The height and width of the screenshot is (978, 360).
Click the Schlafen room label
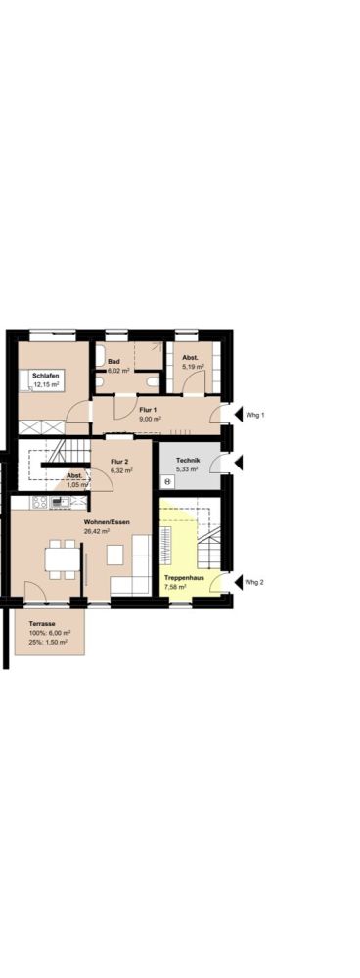point(46,377)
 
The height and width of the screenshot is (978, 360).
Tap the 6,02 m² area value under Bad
point(118,371)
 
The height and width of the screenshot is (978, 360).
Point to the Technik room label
point(188,461)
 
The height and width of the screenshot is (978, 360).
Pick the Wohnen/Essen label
point(107,522)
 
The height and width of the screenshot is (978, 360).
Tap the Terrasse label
point(42,624)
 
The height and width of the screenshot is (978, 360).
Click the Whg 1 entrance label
point(254,414)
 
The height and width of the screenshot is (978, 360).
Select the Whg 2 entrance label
point(254,582)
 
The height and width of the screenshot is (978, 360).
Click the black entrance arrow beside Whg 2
point(238,583)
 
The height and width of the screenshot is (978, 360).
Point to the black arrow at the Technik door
point(238,463)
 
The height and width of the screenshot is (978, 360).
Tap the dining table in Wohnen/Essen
point(63,558)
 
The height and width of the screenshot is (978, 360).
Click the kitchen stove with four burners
point(40,502)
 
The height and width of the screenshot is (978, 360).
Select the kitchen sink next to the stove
point(61,502)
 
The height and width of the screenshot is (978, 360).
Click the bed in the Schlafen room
point(41,380)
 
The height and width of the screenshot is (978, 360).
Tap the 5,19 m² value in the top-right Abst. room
point(193,367)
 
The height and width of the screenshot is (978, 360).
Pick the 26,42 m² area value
point(97,531)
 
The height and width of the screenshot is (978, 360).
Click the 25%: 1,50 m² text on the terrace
point(49,642)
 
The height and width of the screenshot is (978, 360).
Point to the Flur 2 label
point(119,462)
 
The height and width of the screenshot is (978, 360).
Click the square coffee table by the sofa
point(114,555)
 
